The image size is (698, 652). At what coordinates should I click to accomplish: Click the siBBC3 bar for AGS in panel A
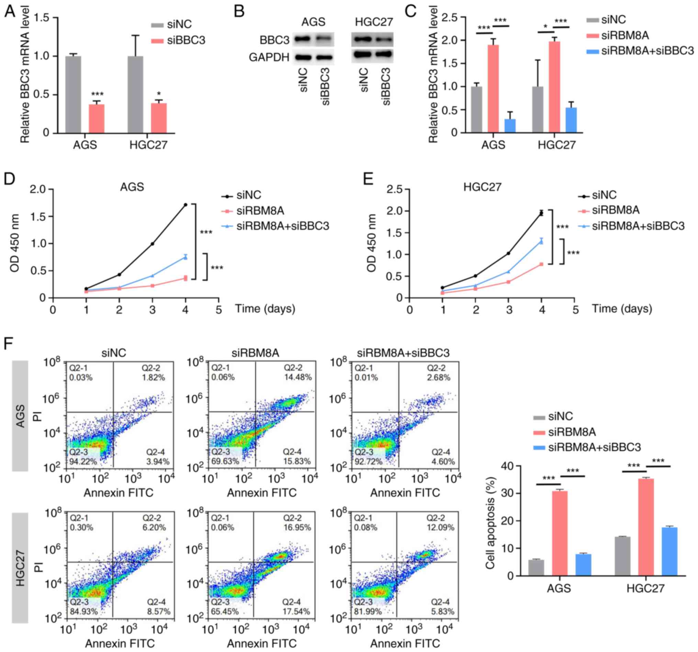(x=97, y=119)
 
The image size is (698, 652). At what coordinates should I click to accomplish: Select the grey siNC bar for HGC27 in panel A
(x=135, y=94)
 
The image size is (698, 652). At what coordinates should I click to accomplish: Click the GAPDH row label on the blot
(x=269, y=57)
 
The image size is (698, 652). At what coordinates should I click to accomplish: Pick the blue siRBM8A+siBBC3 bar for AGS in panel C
(x=510, y=126)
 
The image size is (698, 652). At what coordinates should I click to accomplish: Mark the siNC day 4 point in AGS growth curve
(x=185, y=204)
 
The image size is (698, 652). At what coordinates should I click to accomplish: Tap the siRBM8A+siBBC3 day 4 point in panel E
(x=542, y=241)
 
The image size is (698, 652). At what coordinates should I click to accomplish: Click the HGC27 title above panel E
(x=482, y=187)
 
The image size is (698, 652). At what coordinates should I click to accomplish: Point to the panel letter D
(x=10, y=179)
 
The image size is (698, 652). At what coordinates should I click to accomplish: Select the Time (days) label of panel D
(x=265, y=309)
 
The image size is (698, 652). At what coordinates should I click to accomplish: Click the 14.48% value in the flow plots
(x=298, y=377)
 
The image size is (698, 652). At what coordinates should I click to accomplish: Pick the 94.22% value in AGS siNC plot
(x=83, y=461)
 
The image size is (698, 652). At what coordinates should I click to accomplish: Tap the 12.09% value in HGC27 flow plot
(x=440, y=527)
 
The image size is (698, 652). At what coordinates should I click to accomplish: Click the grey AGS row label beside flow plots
(x=20, y=416)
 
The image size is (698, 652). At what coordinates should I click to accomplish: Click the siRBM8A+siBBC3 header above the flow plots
(x=403, y=352)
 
